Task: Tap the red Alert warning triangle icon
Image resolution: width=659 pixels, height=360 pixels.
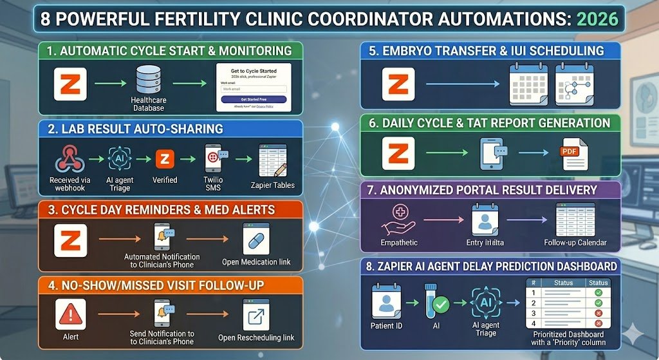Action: click(71, 315)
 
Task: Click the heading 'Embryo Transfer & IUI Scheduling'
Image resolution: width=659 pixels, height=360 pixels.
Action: click(487, 51)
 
